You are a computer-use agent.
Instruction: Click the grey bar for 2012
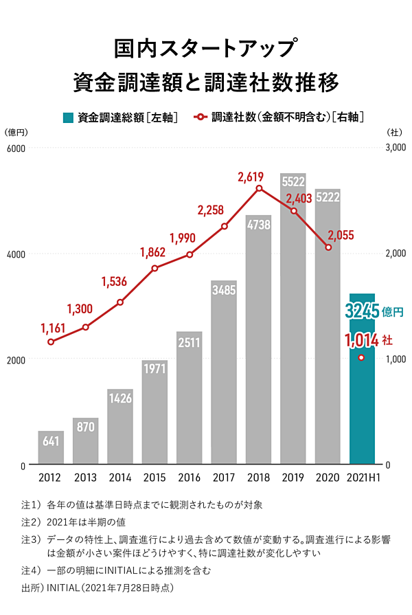click(x=51, y=448)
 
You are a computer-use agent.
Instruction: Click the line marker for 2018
click(x=259, y=188)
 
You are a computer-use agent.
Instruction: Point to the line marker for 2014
click(x=120, y=302)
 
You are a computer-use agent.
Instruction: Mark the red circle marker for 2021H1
click(x=362, y=358)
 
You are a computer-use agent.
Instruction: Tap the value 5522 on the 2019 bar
click(x=293, y=181)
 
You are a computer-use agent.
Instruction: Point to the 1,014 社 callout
click(x=368, y=339)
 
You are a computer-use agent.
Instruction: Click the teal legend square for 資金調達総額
click(x=68, y=118)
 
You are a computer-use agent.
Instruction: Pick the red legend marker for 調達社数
click(x=201, y=118)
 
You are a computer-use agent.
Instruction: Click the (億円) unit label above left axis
click(x=16, y=132)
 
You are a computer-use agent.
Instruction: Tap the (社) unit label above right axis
click(x=394, y=132)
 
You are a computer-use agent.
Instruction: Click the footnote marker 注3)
click(x=32, y=540)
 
